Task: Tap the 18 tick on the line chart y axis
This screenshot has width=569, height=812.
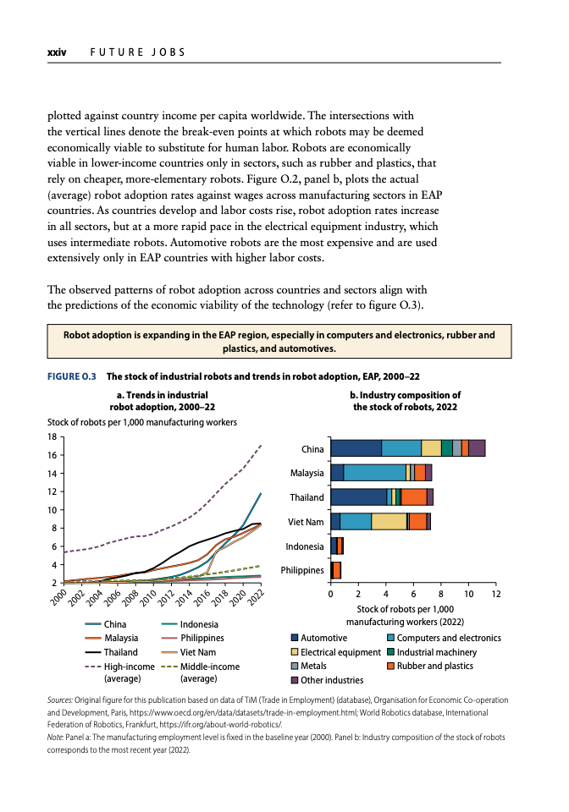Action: coord(52,437)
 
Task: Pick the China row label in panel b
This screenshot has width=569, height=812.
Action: coord(312,449)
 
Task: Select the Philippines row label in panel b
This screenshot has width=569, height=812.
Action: coord(302,570)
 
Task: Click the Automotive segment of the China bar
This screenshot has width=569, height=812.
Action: coord(356,448)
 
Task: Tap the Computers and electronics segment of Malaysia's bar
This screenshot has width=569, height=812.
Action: coord(375,473)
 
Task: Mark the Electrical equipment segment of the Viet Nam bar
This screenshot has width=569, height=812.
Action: coord(389,521)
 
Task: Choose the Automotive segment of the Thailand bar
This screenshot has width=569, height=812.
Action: coord(358,497)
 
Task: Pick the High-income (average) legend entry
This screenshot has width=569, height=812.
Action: coord(129,667)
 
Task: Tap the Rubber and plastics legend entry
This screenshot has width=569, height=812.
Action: coord(434,666)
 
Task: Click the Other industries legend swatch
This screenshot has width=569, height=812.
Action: coord(295,680)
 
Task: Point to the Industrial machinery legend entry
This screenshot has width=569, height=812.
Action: coord(436,652)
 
